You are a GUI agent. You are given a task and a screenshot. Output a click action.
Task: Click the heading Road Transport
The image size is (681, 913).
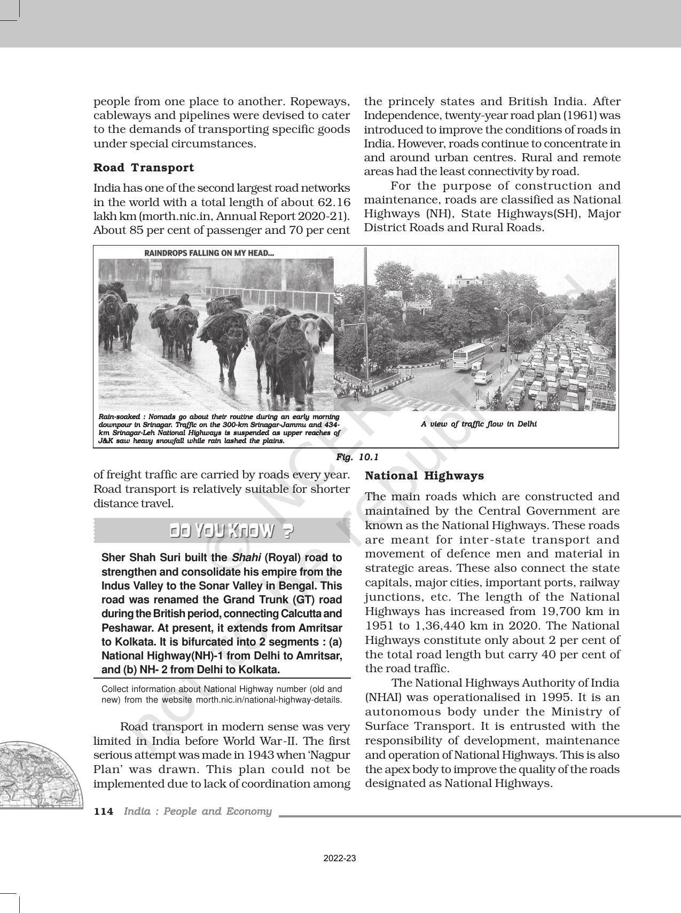(144, 168)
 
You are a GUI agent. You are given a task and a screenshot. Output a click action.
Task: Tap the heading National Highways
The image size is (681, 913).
(424, 476)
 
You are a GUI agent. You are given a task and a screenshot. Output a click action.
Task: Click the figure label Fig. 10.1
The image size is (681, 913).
(357, 457)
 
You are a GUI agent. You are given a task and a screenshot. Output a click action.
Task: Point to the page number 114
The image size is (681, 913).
(104, 812)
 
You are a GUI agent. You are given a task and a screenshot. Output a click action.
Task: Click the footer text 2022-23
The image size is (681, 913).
(340, 859)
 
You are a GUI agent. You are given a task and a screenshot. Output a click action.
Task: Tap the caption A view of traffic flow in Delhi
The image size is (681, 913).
(479, 424)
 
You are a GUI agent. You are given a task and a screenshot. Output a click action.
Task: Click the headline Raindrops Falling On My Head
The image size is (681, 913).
(209, 253)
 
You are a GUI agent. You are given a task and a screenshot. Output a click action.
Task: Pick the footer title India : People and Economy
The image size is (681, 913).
(198, 812)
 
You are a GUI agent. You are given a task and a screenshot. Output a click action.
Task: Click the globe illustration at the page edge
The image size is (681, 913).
(37, 774)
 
